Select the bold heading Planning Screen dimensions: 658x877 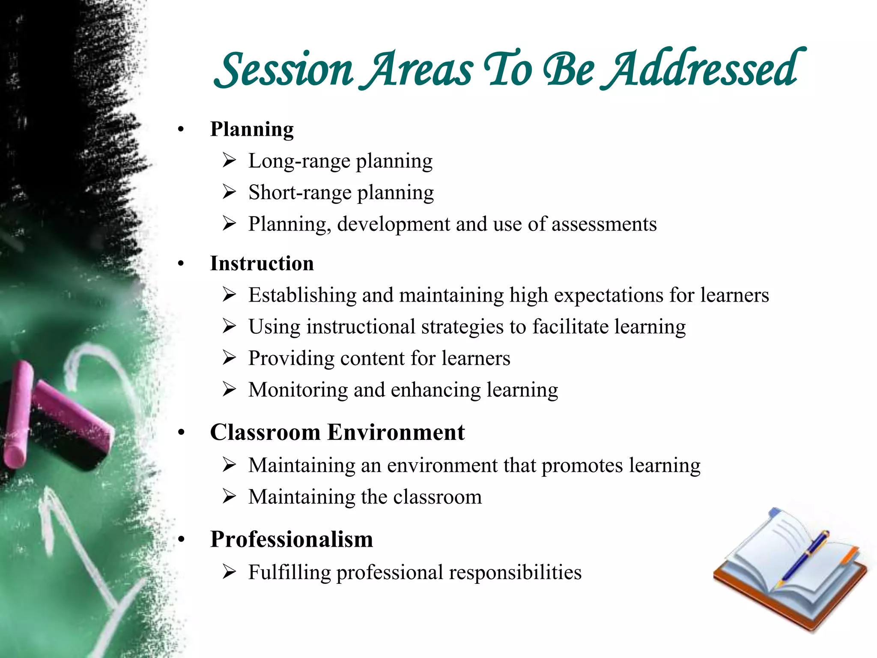point(252,129)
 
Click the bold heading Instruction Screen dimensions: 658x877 point(262,263)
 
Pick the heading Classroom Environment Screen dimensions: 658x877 point(337,432)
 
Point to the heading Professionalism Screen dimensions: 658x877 point(291,539)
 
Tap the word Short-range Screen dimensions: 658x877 point(299,193)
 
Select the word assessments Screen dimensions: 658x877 point(604,224)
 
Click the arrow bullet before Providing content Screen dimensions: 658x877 point(230,358)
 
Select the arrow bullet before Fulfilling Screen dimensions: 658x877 point(230,572)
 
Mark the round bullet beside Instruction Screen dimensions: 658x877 point(181,264)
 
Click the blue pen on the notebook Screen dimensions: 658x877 point(805,556)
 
